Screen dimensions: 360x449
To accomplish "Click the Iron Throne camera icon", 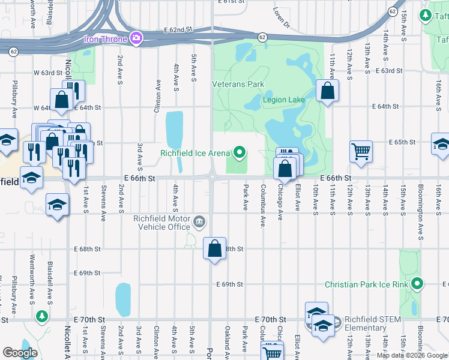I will click(136, 39).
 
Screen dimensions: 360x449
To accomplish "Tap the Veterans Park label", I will click(238, 85).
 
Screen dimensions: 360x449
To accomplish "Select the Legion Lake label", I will click(283, 100).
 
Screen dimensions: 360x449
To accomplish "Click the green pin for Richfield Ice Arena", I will click(240, 152).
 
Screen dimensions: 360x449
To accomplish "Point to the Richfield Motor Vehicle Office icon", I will click(199, 224).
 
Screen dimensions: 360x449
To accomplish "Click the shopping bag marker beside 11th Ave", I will click(327, 91).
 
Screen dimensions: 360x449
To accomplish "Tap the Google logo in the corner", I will click(20, 352).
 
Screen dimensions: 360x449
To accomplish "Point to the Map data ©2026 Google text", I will click(412, 355).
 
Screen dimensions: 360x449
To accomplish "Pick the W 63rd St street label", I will click(48, 72).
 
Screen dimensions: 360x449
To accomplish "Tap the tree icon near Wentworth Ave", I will click(41, 315).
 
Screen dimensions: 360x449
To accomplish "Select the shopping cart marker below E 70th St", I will click(273, 352).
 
